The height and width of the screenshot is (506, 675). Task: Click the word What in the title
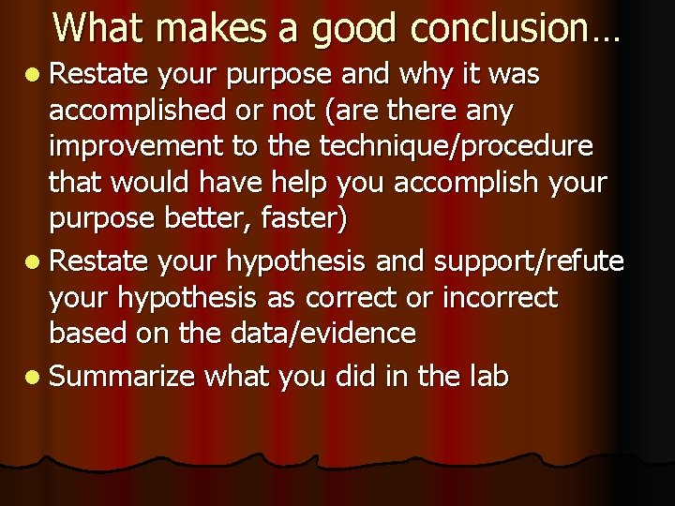101,27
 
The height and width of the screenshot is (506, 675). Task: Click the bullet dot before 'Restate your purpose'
34,75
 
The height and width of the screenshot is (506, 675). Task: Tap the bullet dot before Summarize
34,378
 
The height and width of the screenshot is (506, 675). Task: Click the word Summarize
121,377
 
